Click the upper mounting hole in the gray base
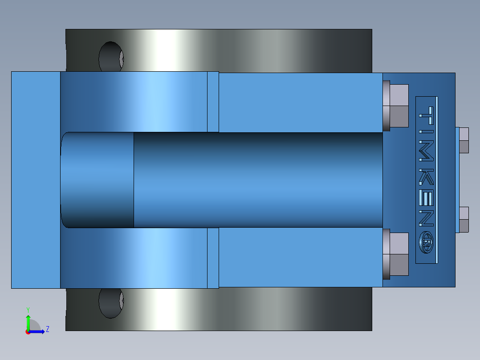[111, 57]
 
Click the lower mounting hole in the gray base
[110, 303]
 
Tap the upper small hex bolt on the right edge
[463, 140]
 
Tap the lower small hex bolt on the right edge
[463, 220]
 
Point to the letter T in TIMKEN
[427, 115]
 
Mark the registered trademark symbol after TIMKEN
[427, 243]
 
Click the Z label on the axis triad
[47, 329]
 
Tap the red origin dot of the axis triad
[28, 331]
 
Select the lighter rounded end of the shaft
[97, 180]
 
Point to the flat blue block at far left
[36, 180]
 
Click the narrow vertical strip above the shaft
[213, 102]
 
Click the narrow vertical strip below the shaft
[213, 258]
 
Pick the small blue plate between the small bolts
[457, 180]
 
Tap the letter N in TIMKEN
[427, 218]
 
